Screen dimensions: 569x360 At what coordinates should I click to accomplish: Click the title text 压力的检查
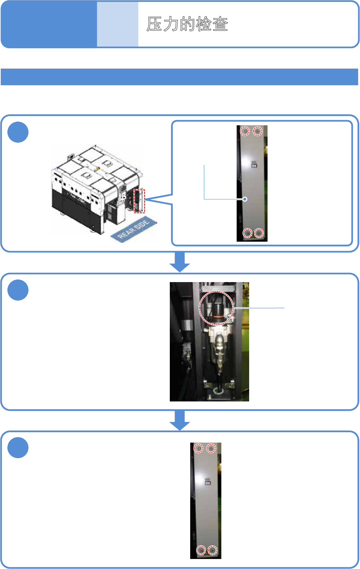click(x=187, y=24)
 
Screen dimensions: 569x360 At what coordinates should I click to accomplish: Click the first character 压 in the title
click(x=154, y=24)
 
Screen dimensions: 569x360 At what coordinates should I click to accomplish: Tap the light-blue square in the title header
click(x=118, y=24)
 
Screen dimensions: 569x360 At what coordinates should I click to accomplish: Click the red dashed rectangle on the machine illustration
click(x=139, y=201)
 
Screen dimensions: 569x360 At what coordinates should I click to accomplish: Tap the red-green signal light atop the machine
click(x=98, y=168)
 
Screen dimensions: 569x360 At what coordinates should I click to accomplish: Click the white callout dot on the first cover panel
click(x=245, y=199)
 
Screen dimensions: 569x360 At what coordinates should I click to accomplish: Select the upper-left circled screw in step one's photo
click(x=245, y=131)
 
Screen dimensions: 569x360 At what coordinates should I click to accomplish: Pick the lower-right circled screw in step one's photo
click(x=259, y=233)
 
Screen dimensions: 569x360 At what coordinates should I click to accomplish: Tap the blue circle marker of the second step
click(x=18, y=290)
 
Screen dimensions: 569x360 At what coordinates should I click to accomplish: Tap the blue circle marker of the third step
click(x=18, y=448)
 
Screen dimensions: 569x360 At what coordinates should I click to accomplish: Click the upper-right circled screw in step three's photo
click(x=211, y=449)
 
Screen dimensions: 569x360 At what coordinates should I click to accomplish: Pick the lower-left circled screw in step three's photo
click(x=201, y=550)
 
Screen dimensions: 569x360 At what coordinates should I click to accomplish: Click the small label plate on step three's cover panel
click(x=208, y=482)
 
